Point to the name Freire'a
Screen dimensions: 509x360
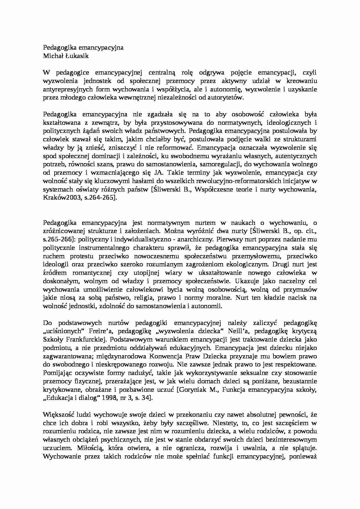[x=105, y=331]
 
